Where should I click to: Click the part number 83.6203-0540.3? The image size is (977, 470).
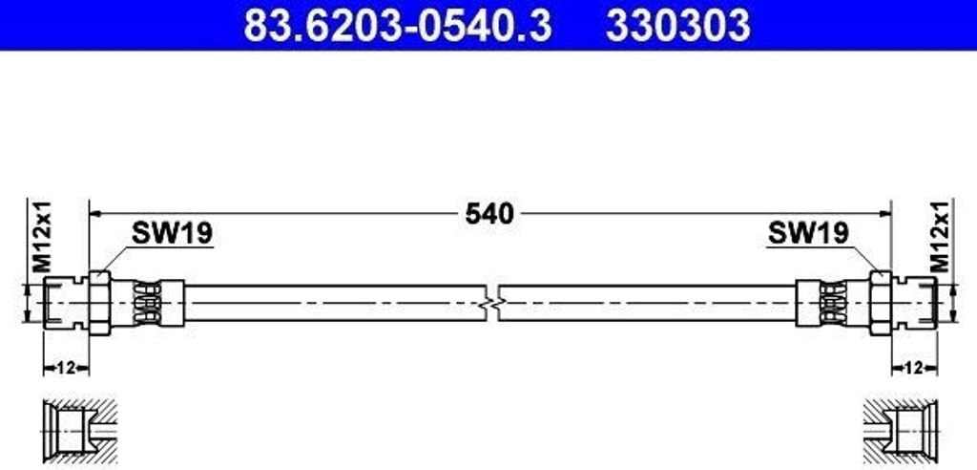click(398, 26)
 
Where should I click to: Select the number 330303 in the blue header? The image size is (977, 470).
click(678, 26)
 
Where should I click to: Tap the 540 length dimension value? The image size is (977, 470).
click(489, 214)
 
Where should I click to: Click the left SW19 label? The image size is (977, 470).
click(172, 233)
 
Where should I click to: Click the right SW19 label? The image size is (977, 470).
click(808, 233)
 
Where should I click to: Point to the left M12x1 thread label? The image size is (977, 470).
click(42, 237)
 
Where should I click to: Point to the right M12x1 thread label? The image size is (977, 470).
click(941, 237)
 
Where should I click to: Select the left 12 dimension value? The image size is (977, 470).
click(66, 368)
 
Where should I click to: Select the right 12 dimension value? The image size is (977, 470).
click(913, 368)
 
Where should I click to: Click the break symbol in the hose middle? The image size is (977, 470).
click(492, 304)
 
